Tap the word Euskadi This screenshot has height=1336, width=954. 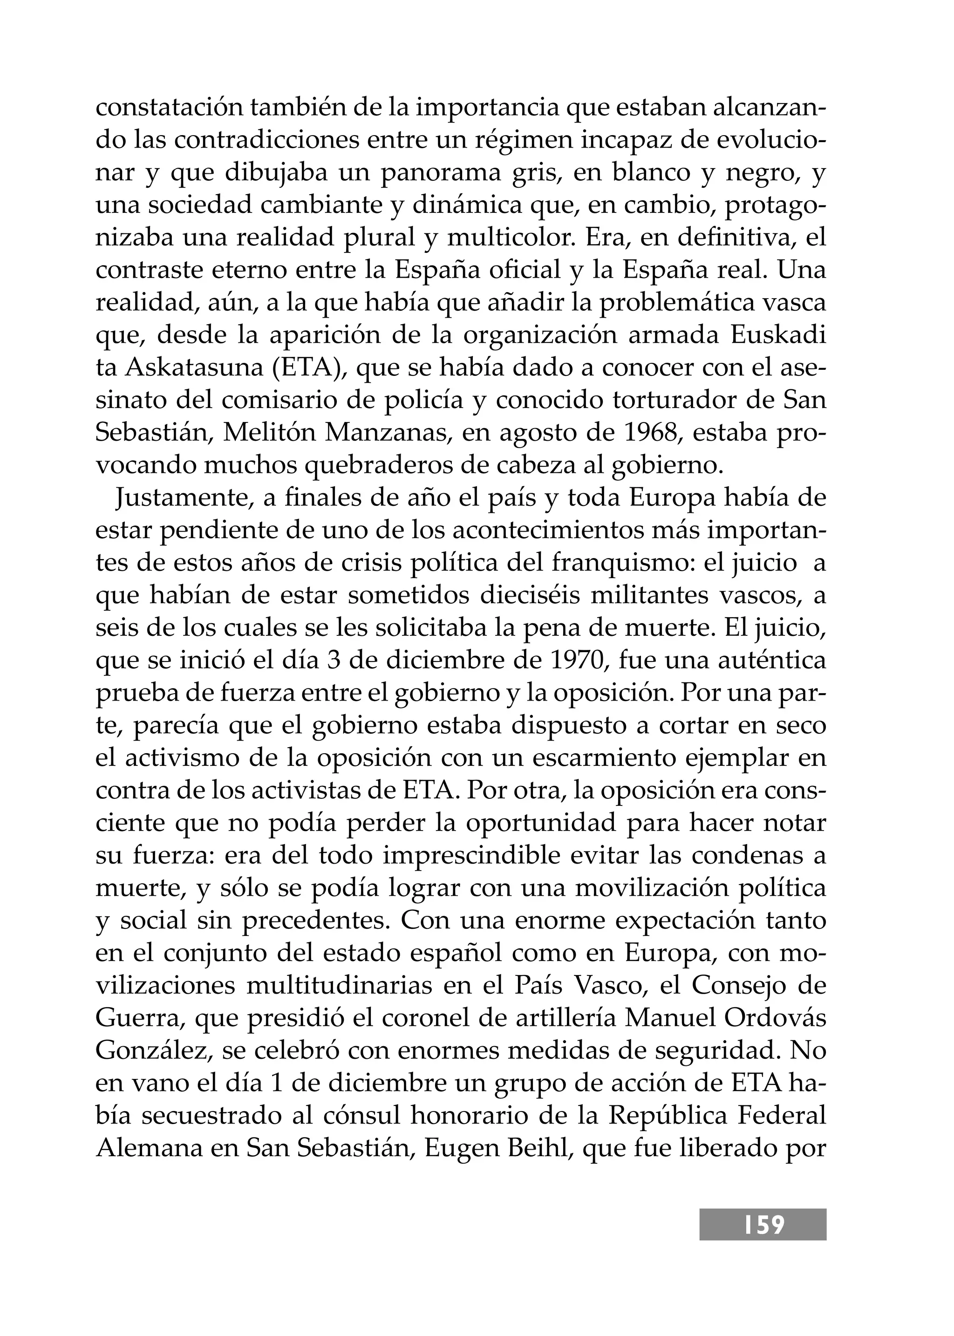pyautogui.click(x=778, y=335)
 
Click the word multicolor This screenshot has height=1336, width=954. pyautogui.click(x=511, y=238)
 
